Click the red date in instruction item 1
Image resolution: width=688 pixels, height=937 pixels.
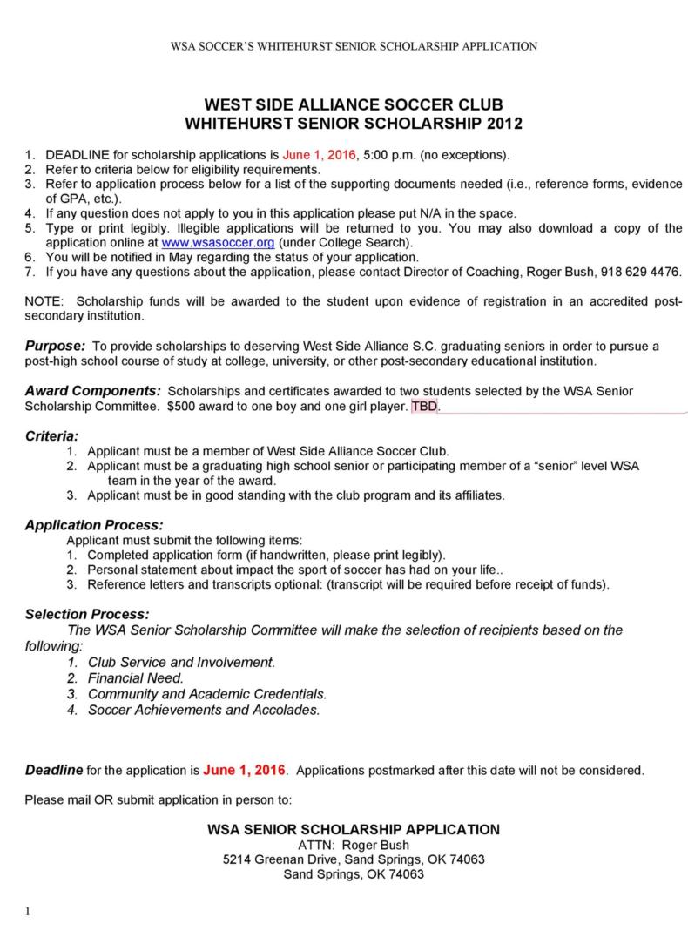click(320, 154)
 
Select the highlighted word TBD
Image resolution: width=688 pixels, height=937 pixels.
click(425, 406)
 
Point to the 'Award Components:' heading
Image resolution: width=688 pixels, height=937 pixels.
click(92, 391)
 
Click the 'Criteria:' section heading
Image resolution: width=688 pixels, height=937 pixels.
click(51, 435)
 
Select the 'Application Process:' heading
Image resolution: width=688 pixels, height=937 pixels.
click(94, 525)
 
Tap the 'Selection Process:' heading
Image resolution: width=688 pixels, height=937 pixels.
click(87, 614)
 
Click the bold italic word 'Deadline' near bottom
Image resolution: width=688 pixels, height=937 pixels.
click(53, 770)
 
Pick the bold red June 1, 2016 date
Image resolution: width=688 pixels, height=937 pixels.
click(245, 770)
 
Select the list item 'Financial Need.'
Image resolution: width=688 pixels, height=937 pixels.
click(135, 677)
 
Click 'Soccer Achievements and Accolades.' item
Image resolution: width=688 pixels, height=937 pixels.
click(204, 710)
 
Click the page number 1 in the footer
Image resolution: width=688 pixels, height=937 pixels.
click(28, 912)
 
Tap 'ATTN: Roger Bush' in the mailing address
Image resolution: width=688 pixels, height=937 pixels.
click(354, 845)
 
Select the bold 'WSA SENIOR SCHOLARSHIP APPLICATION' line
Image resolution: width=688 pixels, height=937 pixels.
click(354, 829)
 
